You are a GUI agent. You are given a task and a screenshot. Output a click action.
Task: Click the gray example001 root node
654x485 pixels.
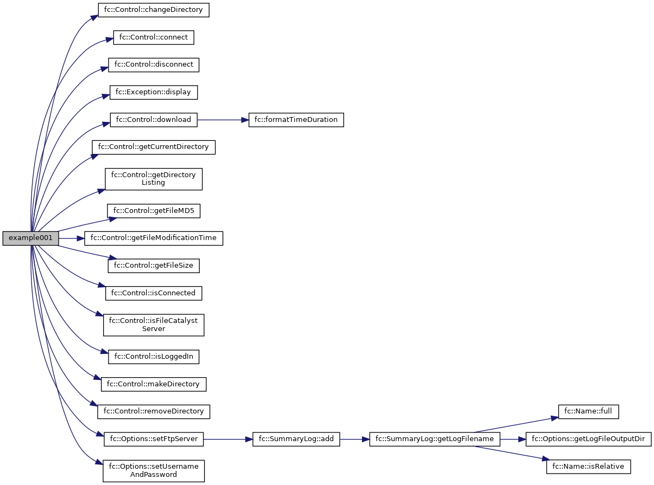[x=30, y=238]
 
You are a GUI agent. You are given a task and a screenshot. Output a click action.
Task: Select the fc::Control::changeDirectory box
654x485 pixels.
[x=154, y=10]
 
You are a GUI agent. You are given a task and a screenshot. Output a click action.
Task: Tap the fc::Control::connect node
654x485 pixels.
[x=154, y=37]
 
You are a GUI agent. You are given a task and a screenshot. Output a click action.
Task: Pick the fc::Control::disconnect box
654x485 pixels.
[x=154, y=64]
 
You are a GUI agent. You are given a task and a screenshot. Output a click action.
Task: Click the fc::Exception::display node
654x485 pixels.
[x=154, y=92]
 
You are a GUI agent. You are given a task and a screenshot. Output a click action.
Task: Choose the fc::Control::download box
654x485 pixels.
[x=154, y=119]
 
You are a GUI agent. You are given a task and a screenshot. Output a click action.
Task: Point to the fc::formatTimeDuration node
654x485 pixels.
[x=296, y=119]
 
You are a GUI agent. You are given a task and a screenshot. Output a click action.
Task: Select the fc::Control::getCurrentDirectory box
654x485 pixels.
[x=154, y=147]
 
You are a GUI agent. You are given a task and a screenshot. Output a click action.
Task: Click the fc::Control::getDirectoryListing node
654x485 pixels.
[x=154, y=179]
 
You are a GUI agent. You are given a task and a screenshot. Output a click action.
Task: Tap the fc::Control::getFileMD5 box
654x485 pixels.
[x=154, y=211]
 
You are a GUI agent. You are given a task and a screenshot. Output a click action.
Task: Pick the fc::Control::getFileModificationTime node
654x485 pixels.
[x=154, y=238]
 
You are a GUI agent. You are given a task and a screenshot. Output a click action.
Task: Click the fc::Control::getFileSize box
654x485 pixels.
[x=154, y=266]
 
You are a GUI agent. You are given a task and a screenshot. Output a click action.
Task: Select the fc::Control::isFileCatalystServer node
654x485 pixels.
[x=154, y=325]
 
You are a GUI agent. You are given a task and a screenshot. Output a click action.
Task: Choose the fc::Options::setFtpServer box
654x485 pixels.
[x=154, y=439]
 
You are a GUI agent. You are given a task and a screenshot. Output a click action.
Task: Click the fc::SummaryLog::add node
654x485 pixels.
[x=296, y=439]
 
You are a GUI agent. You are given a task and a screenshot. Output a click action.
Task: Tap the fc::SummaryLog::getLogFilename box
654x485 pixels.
[x=434, y=439]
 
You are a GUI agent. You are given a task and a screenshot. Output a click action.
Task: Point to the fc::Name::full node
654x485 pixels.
[x=589, y=411]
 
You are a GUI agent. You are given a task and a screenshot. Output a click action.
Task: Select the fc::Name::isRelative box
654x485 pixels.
[x=589, y=466]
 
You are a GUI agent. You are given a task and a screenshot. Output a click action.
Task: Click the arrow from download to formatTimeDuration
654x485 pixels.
[x=223, y=119]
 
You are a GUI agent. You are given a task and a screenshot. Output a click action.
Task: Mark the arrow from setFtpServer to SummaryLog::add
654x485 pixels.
[x=228, y=439]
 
